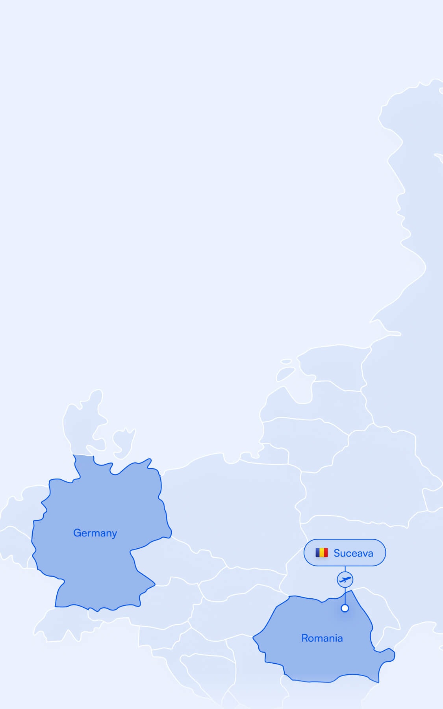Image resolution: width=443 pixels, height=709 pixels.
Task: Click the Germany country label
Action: click(x=95, y=533)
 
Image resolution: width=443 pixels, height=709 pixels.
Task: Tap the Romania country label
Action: click(x=322, y=638)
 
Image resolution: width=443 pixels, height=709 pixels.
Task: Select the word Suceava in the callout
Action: click(x=353, y=553)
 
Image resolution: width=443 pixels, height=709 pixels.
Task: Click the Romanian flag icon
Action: click(x=321, y=553)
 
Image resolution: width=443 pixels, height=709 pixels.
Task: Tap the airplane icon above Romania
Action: click(x=345, y=579)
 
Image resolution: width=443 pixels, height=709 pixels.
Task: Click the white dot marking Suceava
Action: click(x=345, y=608)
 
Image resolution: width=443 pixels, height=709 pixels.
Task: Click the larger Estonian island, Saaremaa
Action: click(x=285, y=374)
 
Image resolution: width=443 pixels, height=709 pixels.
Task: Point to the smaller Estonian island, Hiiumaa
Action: click(x=287, y=361)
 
